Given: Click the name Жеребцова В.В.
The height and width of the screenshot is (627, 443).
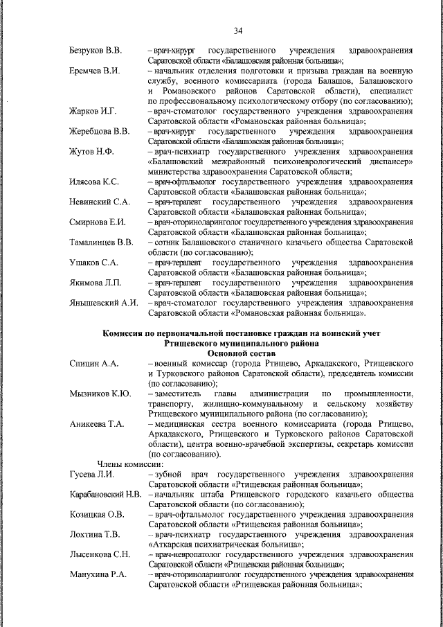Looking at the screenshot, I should [x=99, y=131].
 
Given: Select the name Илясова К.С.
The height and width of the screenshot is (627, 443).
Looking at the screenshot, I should [x=94, y=182].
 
